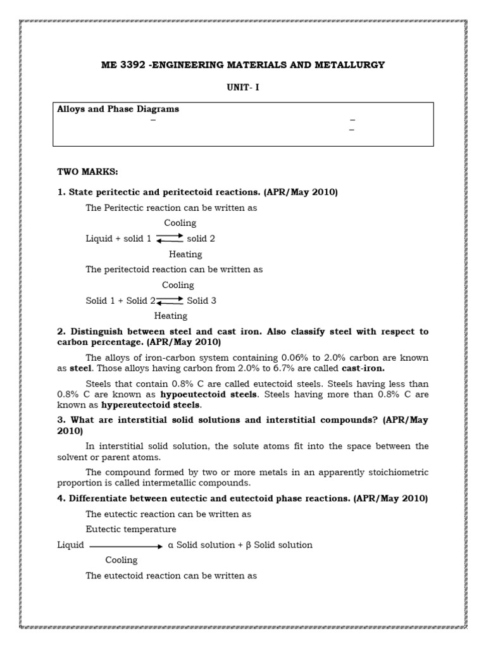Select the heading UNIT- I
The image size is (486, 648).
click(x=243, y=88)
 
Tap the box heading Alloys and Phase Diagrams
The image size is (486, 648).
click(x=118, y=109)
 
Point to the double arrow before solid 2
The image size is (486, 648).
click(x=169, y=239)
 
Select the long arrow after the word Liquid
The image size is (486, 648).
click(x=126, y=545)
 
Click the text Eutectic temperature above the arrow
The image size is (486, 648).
click(x=131, y=529)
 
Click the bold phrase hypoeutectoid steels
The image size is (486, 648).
click(x=220, y=394)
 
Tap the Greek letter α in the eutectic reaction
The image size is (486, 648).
click(x=171, y=545)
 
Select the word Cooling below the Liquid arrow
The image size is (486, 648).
click(x=121, y=560)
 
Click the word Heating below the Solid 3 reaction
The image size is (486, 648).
click(x=171, y=316)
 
